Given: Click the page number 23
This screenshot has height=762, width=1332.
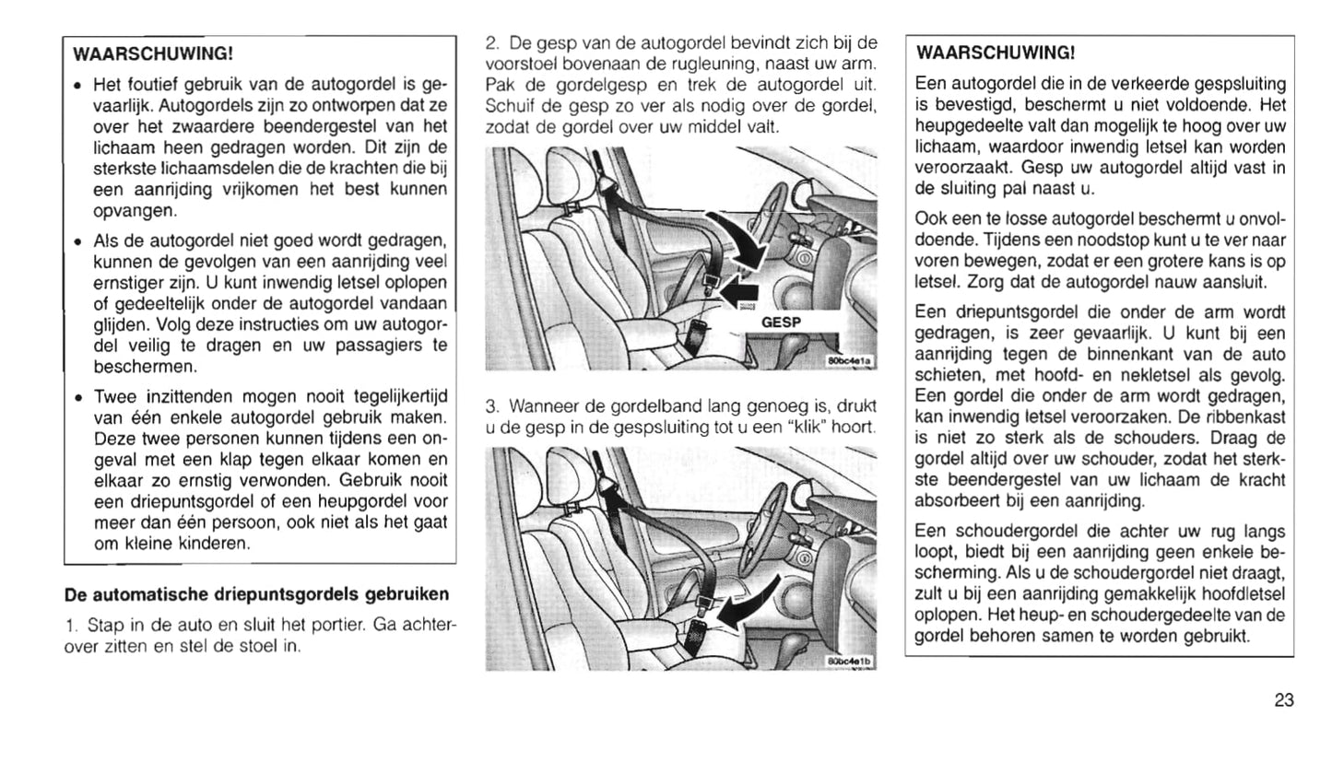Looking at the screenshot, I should (1284, 700).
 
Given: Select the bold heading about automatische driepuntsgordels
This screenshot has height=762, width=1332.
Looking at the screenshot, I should (256, 592).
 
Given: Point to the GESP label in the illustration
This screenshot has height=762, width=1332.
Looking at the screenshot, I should (782, 322).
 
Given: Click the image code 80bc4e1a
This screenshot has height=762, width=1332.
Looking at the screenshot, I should (850, 362).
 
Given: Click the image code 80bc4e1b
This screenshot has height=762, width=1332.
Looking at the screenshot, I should (849, 661).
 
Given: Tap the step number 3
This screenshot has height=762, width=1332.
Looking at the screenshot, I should (490, 406).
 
